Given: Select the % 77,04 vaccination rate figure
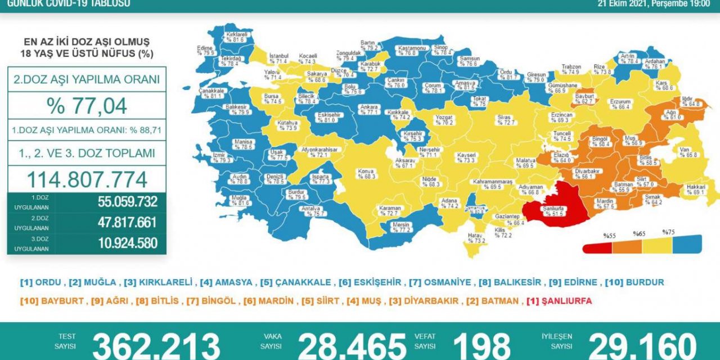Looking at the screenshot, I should coord(87,105).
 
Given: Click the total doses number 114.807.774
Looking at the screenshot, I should coord(87,179).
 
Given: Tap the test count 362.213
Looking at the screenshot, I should coord(156,344).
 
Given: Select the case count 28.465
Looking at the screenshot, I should coord(352,344).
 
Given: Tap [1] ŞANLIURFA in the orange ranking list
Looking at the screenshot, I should coord(559,301).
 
